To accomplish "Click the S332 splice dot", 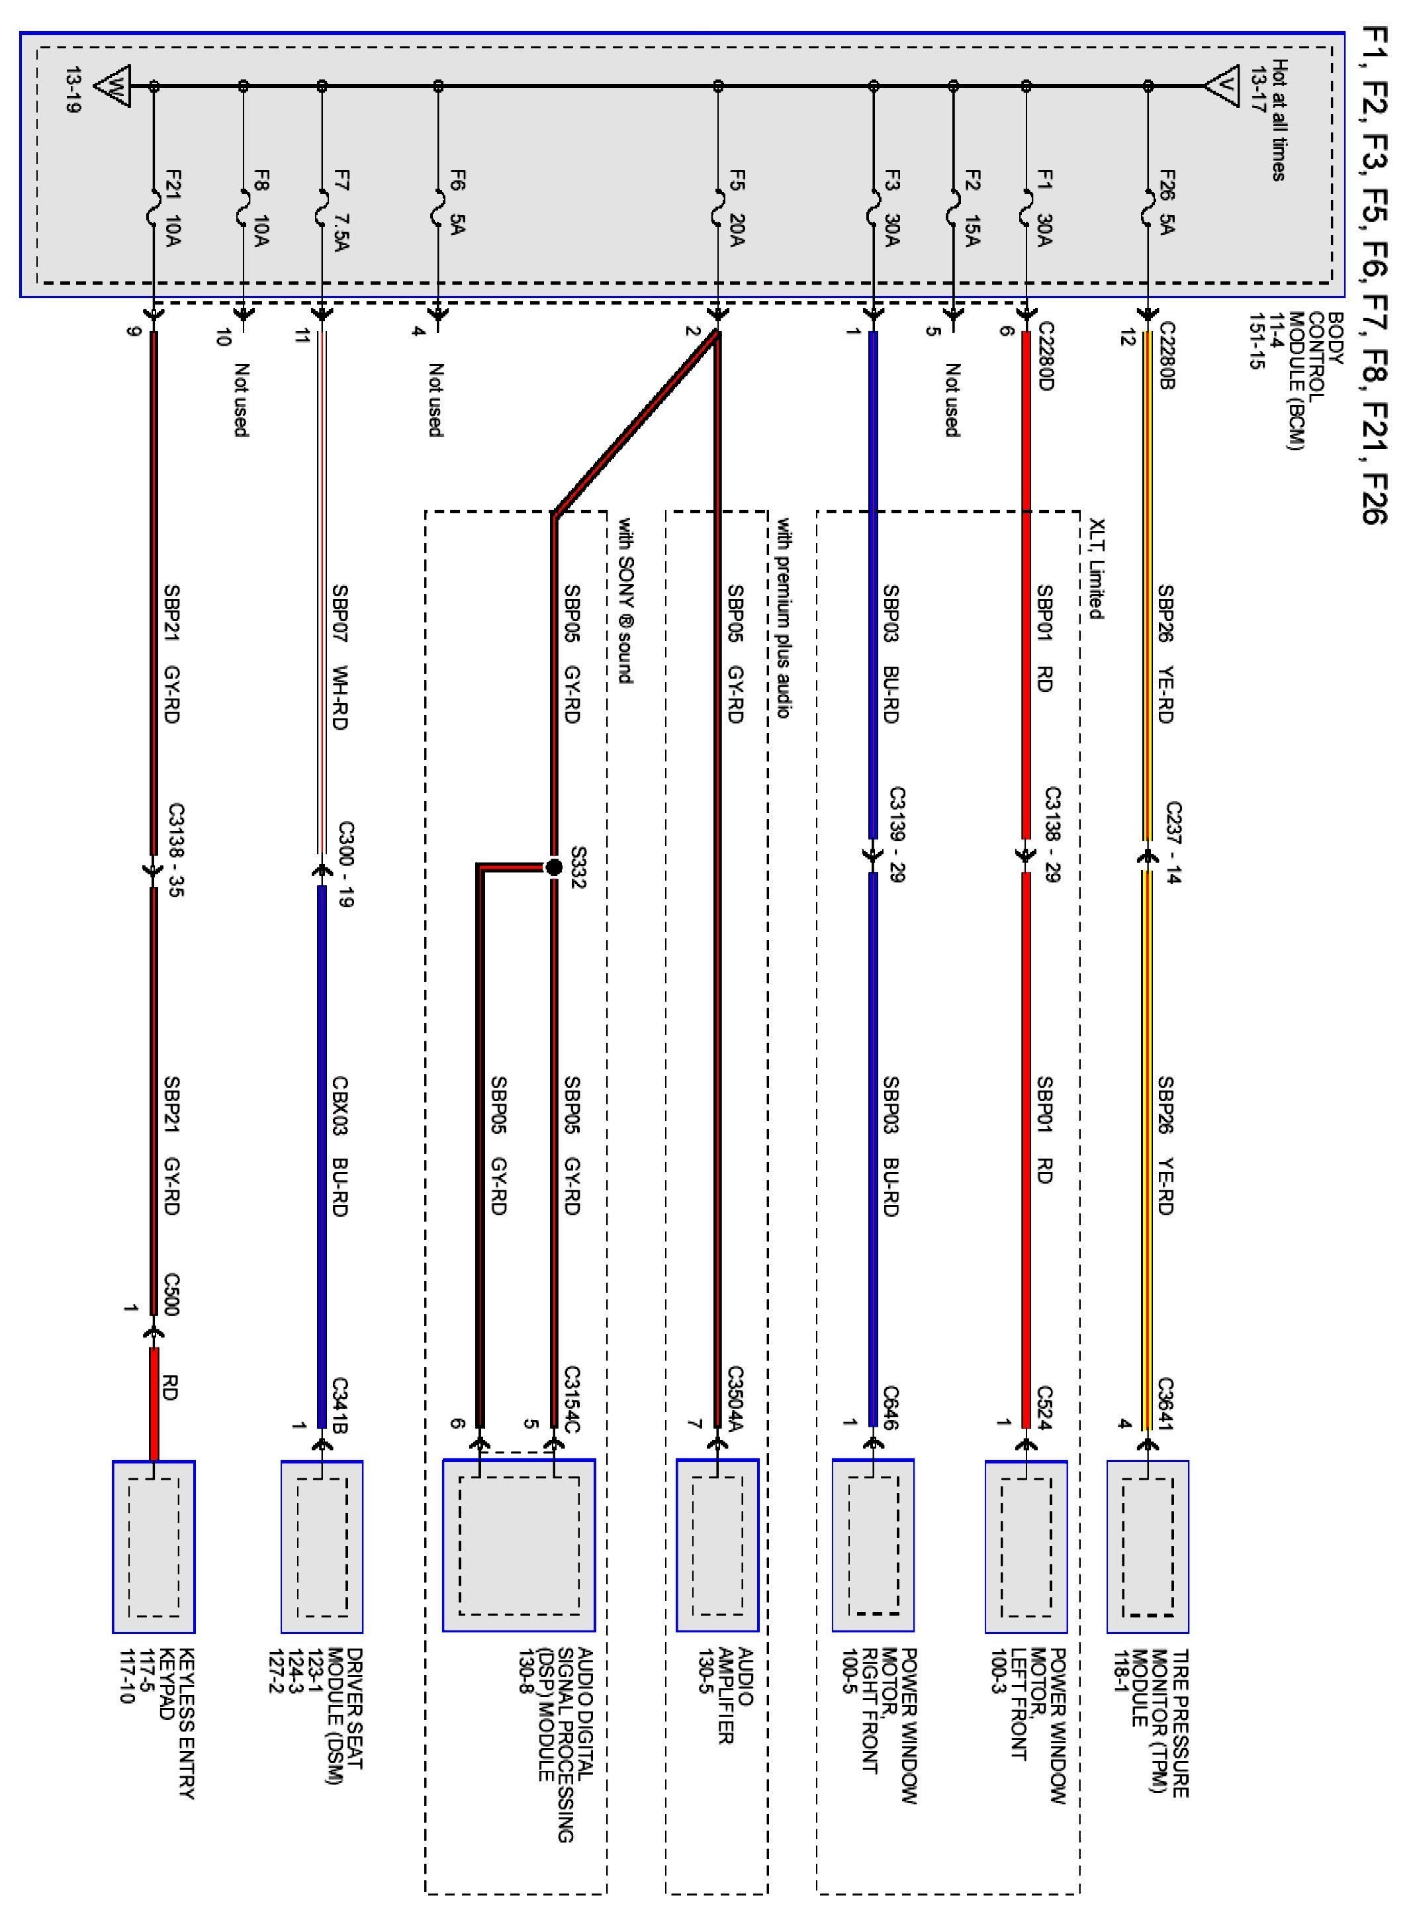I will [553, 867].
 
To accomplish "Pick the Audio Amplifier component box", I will [717, 1544].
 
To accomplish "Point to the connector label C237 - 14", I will [1173, 841].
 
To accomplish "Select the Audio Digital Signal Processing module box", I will [518, 1544].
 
